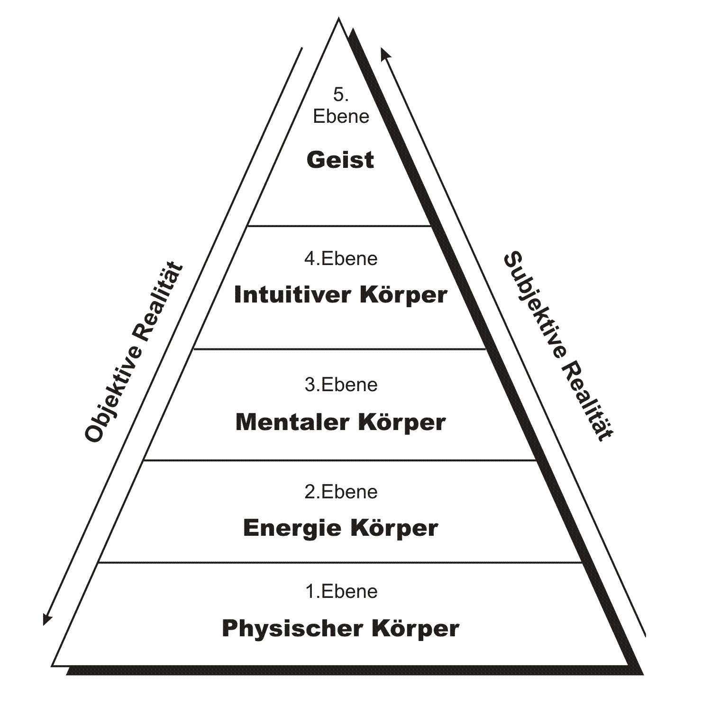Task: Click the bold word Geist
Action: coord(340,160)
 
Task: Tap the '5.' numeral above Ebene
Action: coord(341,95)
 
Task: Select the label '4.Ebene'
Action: coord(341,259)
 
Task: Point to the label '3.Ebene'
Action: coord(341,385)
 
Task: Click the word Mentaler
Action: coord(292,422)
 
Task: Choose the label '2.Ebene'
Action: coord(341,492)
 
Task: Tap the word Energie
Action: coord(292,528)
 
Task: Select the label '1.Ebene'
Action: coord(341,592)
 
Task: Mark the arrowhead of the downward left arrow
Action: coord(46,620)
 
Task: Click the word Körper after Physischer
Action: coord(415,629)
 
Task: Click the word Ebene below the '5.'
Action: coord(341,117)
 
